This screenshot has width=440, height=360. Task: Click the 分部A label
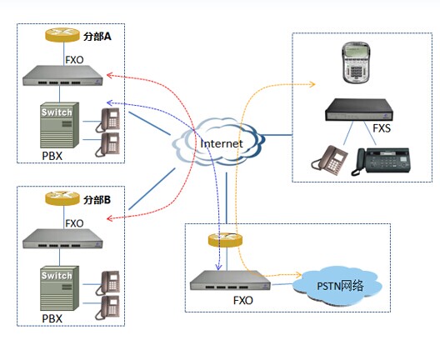click(x=97, y=37)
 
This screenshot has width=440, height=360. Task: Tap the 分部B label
click(x=97, y=200)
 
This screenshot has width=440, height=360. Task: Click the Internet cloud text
click(x=222, y=143)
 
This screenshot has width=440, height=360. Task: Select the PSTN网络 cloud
click(x=337, y=287)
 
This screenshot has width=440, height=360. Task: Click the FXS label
click(x=382, y=128)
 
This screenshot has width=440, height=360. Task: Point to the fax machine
click(x=381, y=162)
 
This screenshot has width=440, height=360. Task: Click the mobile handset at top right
click(x=355, y=62)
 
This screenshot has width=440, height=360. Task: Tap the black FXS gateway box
click(x=359, y=110)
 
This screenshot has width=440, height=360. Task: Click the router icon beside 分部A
click(x=62, y=35)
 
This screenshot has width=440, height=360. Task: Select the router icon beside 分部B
click(x=62, y=198)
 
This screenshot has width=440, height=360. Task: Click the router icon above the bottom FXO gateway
click(x=225, y=240)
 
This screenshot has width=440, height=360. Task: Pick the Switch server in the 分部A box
click(x=59, y=125)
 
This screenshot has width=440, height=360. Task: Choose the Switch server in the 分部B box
click(x=59, y=288)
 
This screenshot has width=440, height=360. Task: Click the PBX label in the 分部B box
click(x=52, y=319)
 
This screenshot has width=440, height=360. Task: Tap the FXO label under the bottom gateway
click(x=243, y=301)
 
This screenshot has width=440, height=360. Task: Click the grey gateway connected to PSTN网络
click(x=230, y=280)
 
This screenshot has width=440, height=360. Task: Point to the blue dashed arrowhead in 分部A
click(x=109, y=103)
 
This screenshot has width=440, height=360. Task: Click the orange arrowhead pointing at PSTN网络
click(x=298, y=274)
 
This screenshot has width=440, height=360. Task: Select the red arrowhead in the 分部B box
click(x=110, y=218)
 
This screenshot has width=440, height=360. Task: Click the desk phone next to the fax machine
click(x=330, y=160)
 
